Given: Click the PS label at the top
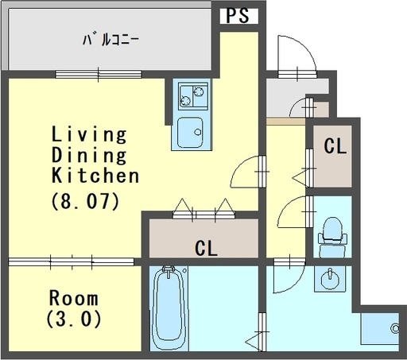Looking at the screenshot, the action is tap(238, 15).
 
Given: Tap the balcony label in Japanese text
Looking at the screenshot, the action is tap(110, 40).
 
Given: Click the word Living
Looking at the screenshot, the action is tap(89, 135).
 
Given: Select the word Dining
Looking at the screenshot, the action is tap(89, 156).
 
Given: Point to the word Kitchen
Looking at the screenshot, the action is tap(95, 175).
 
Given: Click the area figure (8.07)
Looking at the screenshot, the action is tap(85, 201).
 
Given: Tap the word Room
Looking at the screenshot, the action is tap(74, 298).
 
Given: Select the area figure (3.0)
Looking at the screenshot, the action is tap(74, 319).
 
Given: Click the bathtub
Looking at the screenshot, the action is tap(169, 308).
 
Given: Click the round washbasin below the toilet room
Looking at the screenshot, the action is tap(330, 280).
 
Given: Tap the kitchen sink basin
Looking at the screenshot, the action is tap(190, 133).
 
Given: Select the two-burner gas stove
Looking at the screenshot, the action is tap(193, 96).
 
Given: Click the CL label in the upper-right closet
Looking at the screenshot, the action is tap(335, 146).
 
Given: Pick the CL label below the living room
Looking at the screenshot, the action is tap(206, 249).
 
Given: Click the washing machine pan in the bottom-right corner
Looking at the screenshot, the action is tap(380, 329).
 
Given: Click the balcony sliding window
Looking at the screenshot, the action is tap(99, 75).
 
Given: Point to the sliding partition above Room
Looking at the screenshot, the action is tap(71, 262).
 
